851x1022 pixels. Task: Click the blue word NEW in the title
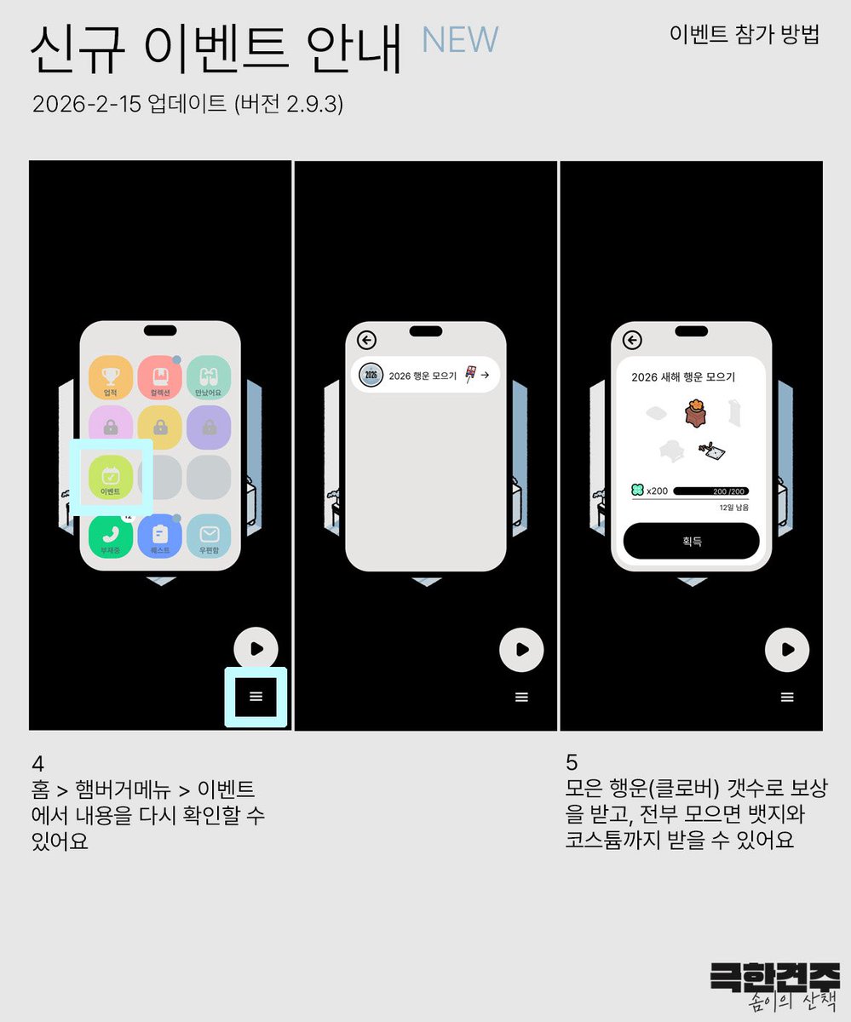click(x=460, y=40)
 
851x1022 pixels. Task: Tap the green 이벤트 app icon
click(x=111, y=477)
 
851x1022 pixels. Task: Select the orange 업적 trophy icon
click(x=111, y=377)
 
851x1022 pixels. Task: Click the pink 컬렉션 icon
click(x=160, y=377)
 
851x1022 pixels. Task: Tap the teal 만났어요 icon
click(x=209, y=377)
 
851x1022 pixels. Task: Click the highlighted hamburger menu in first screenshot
click(x=256, y=697)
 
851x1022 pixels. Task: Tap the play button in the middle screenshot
click(x=521, y=650)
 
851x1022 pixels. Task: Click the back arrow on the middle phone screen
click(x=366, y=341)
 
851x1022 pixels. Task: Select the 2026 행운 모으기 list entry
click(x=425, y=375)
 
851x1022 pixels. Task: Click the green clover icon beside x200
click(x=636, y=491)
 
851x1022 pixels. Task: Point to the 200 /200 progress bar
click(x=710, y=491)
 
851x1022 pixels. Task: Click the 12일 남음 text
click(x=733, y=508)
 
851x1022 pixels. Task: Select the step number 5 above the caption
click(x=572, y=762)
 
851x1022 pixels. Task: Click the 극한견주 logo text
click(x=774, y=977)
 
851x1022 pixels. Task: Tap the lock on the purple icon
click(x=209, y=428)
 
